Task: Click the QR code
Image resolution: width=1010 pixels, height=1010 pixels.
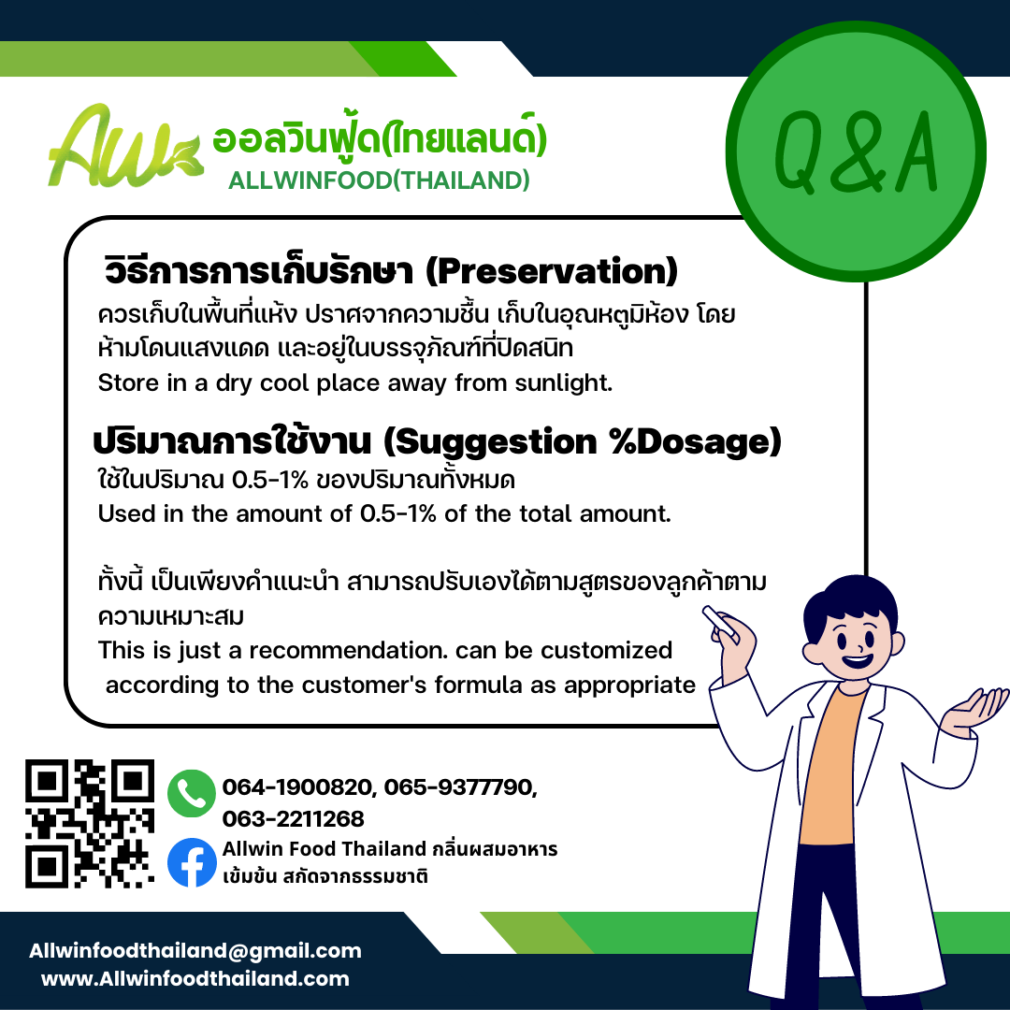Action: click(90, 823)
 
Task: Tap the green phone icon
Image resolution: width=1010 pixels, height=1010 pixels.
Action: click(192, 793)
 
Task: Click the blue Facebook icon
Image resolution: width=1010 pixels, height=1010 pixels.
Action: click(192, 862)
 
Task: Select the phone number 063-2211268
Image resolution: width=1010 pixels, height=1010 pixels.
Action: click(293, 818)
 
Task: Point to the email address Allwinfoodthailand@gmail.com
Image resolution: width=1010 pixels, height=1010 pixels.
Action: click(195, 951)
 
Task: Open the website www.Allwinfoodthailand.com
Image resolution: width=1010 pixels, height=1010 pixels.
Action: click(195, 979)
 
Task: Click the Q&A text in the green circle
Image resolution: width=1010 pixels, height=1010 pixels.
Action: click(856, 152)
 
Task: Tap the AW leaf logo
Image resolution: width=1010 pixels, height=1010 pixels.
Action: click(125, 146)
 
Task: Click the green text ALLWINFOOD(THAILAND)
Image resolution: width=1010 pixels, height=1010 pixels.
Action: click(379, 181)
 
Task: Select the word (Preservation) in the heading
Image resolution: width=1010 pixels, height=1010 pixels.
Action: click(552, 271)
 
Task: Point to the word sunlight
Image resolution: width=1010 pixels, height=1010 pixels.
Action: click(563, 382)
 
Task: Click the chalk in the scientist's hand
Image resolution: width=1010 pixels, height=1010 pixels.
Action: click(720, 623)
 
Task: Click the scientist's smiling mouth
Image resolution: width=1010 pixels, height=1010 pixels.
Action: click(858, 661)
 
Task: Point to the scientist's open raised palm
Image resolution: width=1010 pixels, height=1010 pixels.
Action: click(973, 709)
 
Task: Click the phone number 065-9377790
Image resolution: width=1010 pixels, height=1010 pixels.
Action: click(460, 787)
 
